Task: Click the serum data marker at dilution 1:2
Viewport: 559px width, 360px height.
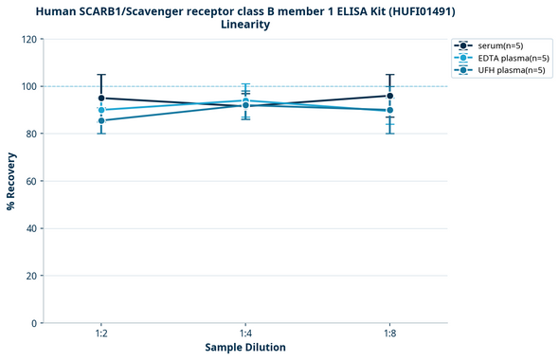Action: [101, 98]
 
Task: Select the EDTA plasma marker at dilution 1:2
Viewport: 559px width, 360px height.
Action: [101, 110]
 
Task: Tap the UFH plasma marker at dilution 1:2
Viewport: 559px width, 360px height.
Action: [101, 120]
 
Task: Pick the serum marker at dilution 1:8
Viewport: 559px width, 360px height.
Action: [389, 96]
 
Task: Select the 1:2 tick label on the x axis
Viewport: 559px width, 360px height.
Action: [101, 333]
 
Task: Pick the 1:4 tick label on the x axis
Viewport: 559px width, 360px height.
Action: [245, 333]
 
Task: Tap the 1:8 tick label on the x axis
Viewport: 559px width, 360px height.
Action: [389, 333]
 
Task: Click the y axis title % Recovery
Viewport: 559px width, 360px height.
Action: [11, 181]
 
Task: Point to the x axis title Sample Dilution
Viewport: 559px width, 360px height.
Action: [245, 348]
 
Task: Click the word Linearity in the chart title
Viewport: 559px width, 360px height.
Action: [245, 25]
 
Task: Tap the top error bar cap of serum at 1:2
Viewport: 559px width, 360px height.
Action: [101, 75]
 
